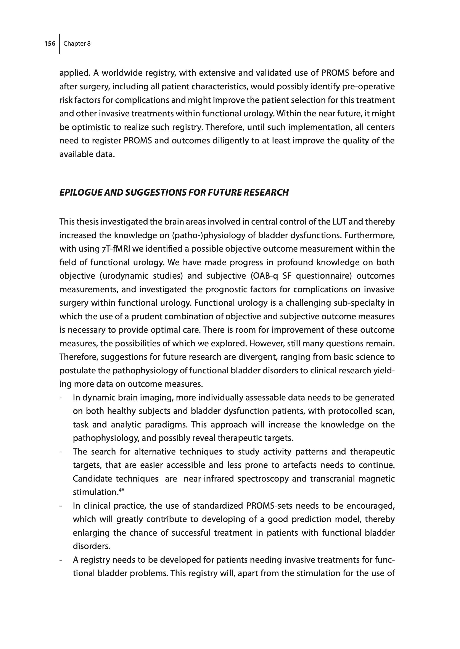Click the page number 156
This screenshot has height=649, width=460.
[x=50, y=44]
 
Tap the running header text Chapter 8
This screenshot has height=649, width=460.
[x=77, y=44]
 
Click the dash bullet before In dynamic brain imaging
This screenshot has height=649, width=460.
[x=61, y=398]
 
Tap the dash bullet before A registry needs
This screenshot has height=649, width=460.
[x=61, y=560]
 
